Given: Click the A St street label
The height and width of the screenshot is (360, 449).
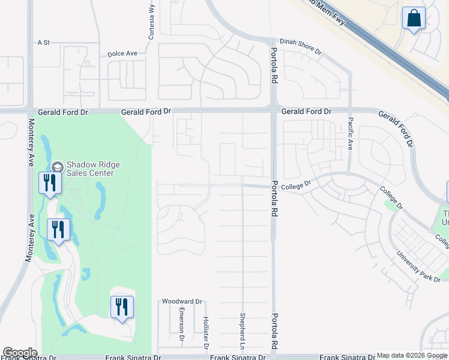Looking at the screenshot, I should point(43,43).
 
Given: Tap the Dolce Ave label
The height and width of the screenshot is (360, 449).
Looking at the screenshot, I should point(122,53).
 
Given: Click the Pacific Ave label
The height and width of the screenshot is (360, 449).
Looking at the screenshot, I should point(350,133).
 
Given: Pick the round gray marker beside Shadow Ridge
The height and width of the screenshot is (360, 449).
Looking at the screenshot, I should point(58,167).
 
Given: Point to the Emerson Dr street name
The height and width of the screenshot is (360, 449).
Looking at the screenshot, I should point(181,325).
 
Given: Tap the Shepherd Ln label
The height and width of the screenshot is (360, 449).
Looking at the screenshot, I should point(243,331).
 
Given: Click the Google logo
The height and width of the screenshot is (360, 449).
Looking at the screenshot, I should point(20,352).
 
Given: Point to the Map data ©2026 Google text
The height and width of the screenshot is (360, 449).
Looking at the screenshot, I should point(412,355).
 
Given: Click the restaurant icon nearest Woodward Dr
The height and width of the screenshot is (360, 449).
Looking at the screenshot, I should point(122,307).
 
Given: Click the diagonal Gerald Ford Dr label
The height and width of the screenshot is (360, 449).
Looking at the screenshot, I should point(396,128).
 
